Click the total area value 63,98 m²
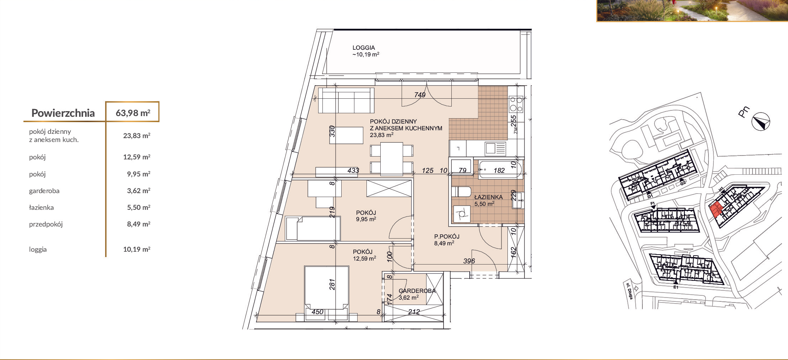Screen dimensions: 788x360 [x=133, y=113]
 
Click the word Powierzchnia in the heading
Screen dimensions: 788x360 [x=63, y=113]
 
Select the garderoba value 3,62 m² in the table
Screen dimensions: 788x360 [x=138, y=191]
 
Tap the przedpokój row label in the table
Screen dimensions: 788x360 [x=46, y=224]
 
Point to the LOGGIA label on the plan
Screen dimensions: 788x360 [x=364, y=48]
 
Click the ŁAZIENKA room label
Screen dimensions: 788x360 [x=488, y=197]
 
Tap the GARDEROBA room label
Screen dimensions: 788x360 [x=417, y=291]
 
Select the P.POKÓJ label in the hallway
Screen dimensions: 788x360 [x=447, y=236]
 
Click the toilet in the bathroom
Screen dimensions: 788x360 [x=461, y=192]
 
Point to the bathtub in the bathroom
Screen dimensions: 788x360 [x=500, y=170]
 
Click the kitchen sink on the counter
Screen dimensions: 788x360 [x=495, y=148]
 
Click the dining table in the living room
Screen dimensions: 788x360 [x=392, y=159]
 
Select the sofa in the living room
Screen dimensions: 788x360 [x=346, y=100]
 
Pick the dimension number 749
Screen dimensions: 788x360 [x=420, y=95]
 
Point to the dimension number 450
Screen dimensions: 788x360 [x=317, y=312]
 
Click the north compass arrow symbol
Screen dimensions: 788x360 [x=761, y=121]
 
